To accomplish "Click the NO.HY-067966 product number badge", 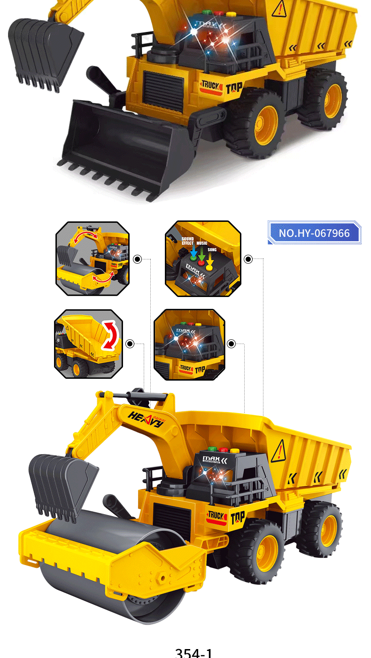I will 314,233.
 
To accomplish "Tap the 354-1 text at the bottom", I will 193,652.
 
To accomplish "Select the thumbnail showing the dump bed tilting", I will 89,344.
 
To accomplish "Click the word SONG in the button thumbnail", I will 212,250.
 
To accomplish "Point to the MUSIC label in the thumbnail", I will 202,243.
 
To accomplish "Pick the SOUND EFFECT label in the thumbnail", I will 188,241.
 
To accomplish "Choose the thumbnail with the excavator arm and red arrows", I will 93,258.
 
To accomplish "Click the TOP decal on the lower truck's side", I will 238,516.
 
